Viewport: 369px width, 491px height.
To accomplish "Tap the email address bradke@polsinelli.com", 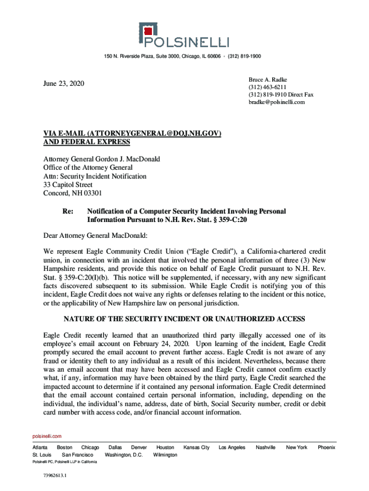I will (x=277, y=102).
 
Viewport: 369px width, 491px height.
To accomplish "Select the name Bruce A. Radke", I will (x=267, y=79).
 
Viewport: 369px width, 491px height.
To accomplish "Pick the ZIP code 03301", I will (x=92, y=193).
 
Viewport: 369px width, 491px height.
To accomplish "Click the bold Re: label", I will (x=69, y=211).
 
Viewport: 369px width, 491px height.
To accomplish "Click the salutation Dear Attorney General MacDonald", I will (x=96, y=235).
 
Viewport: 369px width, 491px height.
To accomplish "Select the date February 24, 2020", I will (x=161, y=344).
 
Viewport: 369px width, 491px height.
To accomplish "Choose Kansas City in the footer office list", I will (x=196, y=447).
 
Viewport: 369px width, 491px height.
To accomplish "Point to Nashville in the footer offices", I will (x=265, y=447).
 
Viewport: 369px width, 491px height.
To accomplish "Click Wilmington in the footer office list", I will (x=165, y=455).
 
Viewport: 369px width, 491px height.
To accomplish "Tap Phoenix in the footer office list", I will (x=326, y=447).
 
